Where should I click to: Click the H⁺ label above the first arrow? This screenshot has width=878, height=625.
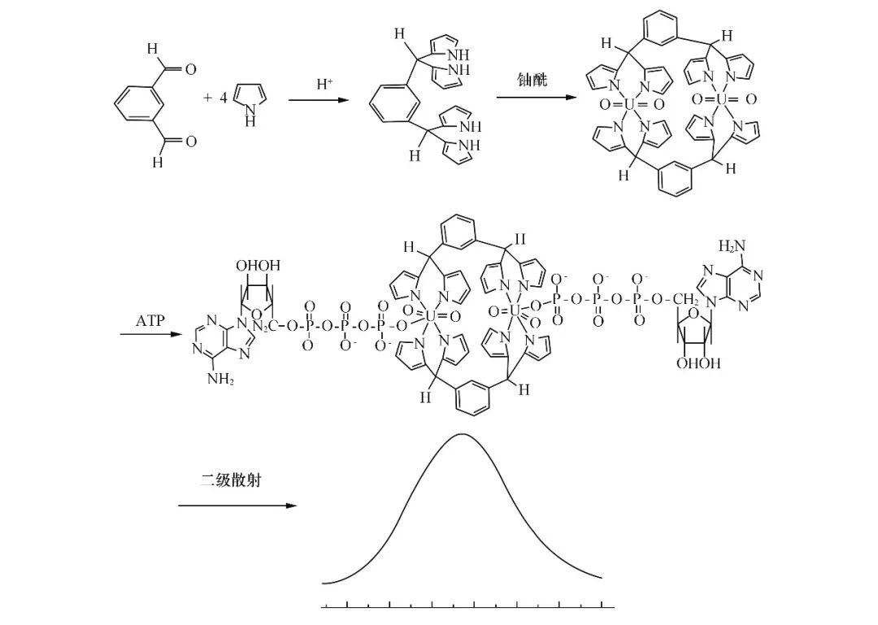pos(325,84)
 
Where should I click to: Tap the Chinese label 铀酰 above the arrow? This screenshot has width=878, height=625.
pos(532,79)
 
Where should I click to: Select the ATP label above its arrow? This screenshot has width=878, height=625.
pos(150,320)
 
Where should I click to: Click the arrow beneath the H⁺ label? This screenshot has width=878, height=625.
pos(323,101)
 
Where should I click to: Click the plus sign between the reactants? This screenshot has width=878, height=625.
pos(207,98)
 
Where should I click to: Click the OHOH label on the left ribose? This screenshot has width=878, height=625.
pos(258,266)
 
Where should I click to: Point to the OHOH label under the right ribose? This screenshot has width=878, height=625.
pos(698,363)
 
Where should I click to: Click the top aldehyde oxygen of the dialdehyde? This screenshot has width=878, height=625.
pos(191,70)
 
